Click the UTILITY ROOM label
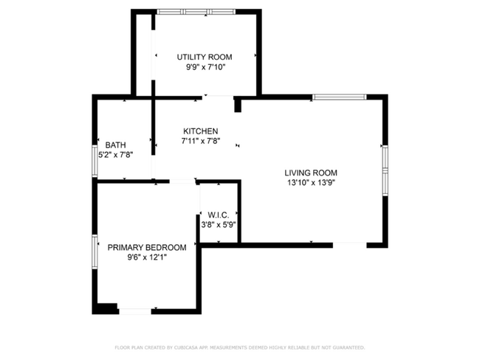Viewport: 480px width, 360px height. pyautogui.click(x=205, y=57)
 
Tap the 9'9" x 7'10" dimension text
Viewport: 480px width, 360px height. pyautogui.click(x=206, y=67)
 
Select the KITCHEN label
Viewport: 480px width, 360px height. pyautogui.click(x=201, y=131)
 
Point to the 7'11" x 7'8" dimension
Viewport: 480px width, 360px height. pyautogui.click(x=201, y=141)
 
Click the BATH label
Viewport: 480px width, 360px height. pyautogui.click(x=115, y=145)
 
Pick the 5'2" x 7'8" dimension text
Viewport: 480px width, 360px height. pyautogui.click(x=115, y=155)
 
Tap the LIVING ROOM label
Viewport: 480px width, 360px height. pyautogui.click(x=311, y=173)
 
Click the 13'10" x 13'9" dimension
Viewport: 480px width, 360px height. pyautogui.click(x=312, y=183)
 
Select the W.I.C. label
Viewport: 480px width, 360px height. pyautogui.click(x=219, y=215)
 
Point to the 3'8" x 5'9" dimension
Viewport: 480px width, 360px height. pyautogui.click(x=219, y=225)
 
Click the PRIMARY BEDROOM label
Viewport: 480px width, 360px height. pyautogui.click(x=147, y=247)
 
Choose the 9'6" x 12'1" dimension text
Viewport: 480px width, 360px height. pyautogui.click(x=147, y=257)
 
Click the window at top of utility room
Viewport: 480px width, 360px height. pyautogui.click(x=196, y=12)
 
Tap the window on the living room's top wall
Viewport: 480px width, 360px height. pyautogui.click(x=339, y=97)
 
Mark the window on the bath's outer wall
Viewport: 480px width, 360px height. pyautogui.click(x=95, y=161)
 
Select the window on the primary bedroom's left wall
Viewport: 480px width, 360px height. pyautogui.click(x=95, y=252)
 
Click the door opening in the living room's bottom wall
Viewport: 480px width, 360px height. pyautogui.click(x=349, y=245)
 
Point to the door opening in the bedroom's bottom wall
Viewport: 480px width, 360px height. pyautogui.click(x=135, y=311)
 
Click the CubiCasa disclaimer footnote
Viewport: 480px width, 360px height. pyautogui.click(x=240, y=347)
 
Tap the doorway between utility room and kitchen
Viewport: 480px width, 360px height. pyautogui.click(x=218, y=97)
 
